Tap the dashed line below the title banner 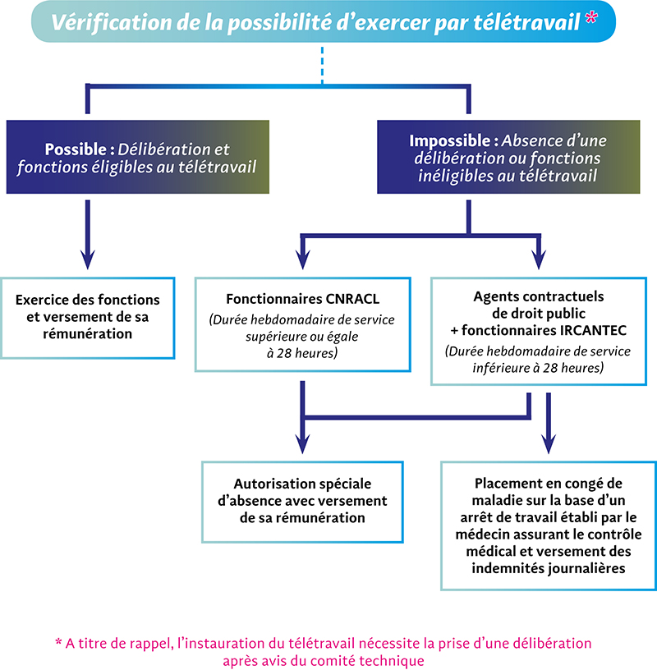(x=322, y=62)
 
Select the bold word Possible (x=72, y=149)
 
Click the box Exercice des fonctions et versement (x=88, y=317)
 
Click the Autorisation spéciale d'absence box (x=303, y=500)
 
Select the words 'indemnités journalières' (x=549, y=567)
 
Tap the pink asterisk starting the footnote (x=58, y=641)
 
